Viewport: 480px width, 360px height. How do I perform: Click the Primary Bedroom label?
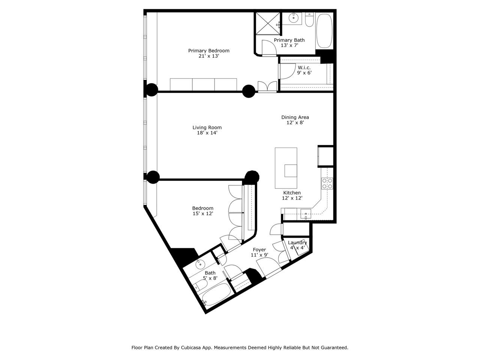click(208, 51)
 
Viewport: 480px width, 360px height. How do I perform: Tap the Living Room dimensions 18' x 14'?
click(207, 133)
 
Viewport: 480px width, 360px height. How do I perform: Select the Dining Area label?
click(295, 117)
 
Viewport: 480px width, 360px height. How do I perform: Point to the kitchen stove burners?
click(327, 183)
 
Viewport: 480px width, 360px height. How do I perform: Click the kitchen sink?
click(306, 214)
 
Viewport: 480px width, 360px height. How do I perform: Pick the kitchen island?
click(286, 168)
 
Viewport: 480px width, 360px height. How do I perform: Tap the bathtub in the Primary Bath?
click(324, 31)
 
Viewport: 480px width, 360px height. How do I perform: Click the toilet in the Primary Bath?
click(309, 19)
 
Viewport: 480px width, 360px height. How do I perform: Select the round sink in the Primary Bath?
click(293, 18)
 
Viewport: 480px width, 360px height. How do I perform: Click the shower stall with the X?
click(268, 23)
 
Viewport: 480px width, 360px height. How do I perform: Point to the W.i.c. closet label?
click(304, 67)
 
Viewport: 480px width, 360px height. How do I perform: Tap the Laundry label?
click(297, 243)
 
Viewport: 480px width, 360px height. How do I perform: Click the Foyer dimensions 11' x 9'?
click(259, 255)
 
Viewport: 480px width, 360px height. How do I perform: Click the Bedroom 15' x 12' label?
click(203, 208)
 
